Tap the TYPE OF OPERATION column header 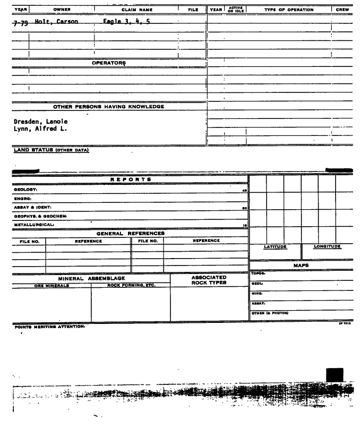(x=289, y=10)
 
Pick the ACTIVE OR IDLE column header (x=235, y=10)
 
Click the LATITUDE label (x=276, y=247)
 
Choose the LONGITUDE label (x=327, y=247)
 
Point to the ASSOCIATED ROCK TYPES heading (x=209, y=280)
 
